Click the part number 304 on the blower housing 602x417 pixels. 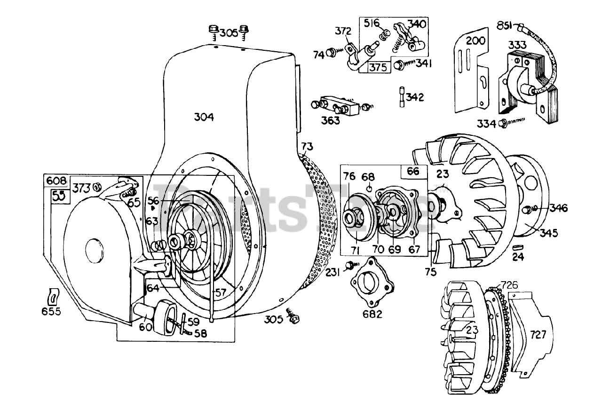pos(204,117)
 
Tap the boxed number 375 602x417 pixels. pos(378,67)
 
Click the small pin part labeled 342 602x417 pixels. pos(402,97)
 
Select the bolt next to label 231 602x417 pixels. pos(350,266)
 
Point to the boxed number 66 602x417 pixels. pos(412,171)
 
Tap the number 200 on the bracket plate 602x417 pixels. pos(475,40)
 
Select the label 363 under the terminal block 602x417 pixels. pos(330,120)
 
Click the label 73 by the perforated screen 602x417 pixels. pos(306,147)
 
